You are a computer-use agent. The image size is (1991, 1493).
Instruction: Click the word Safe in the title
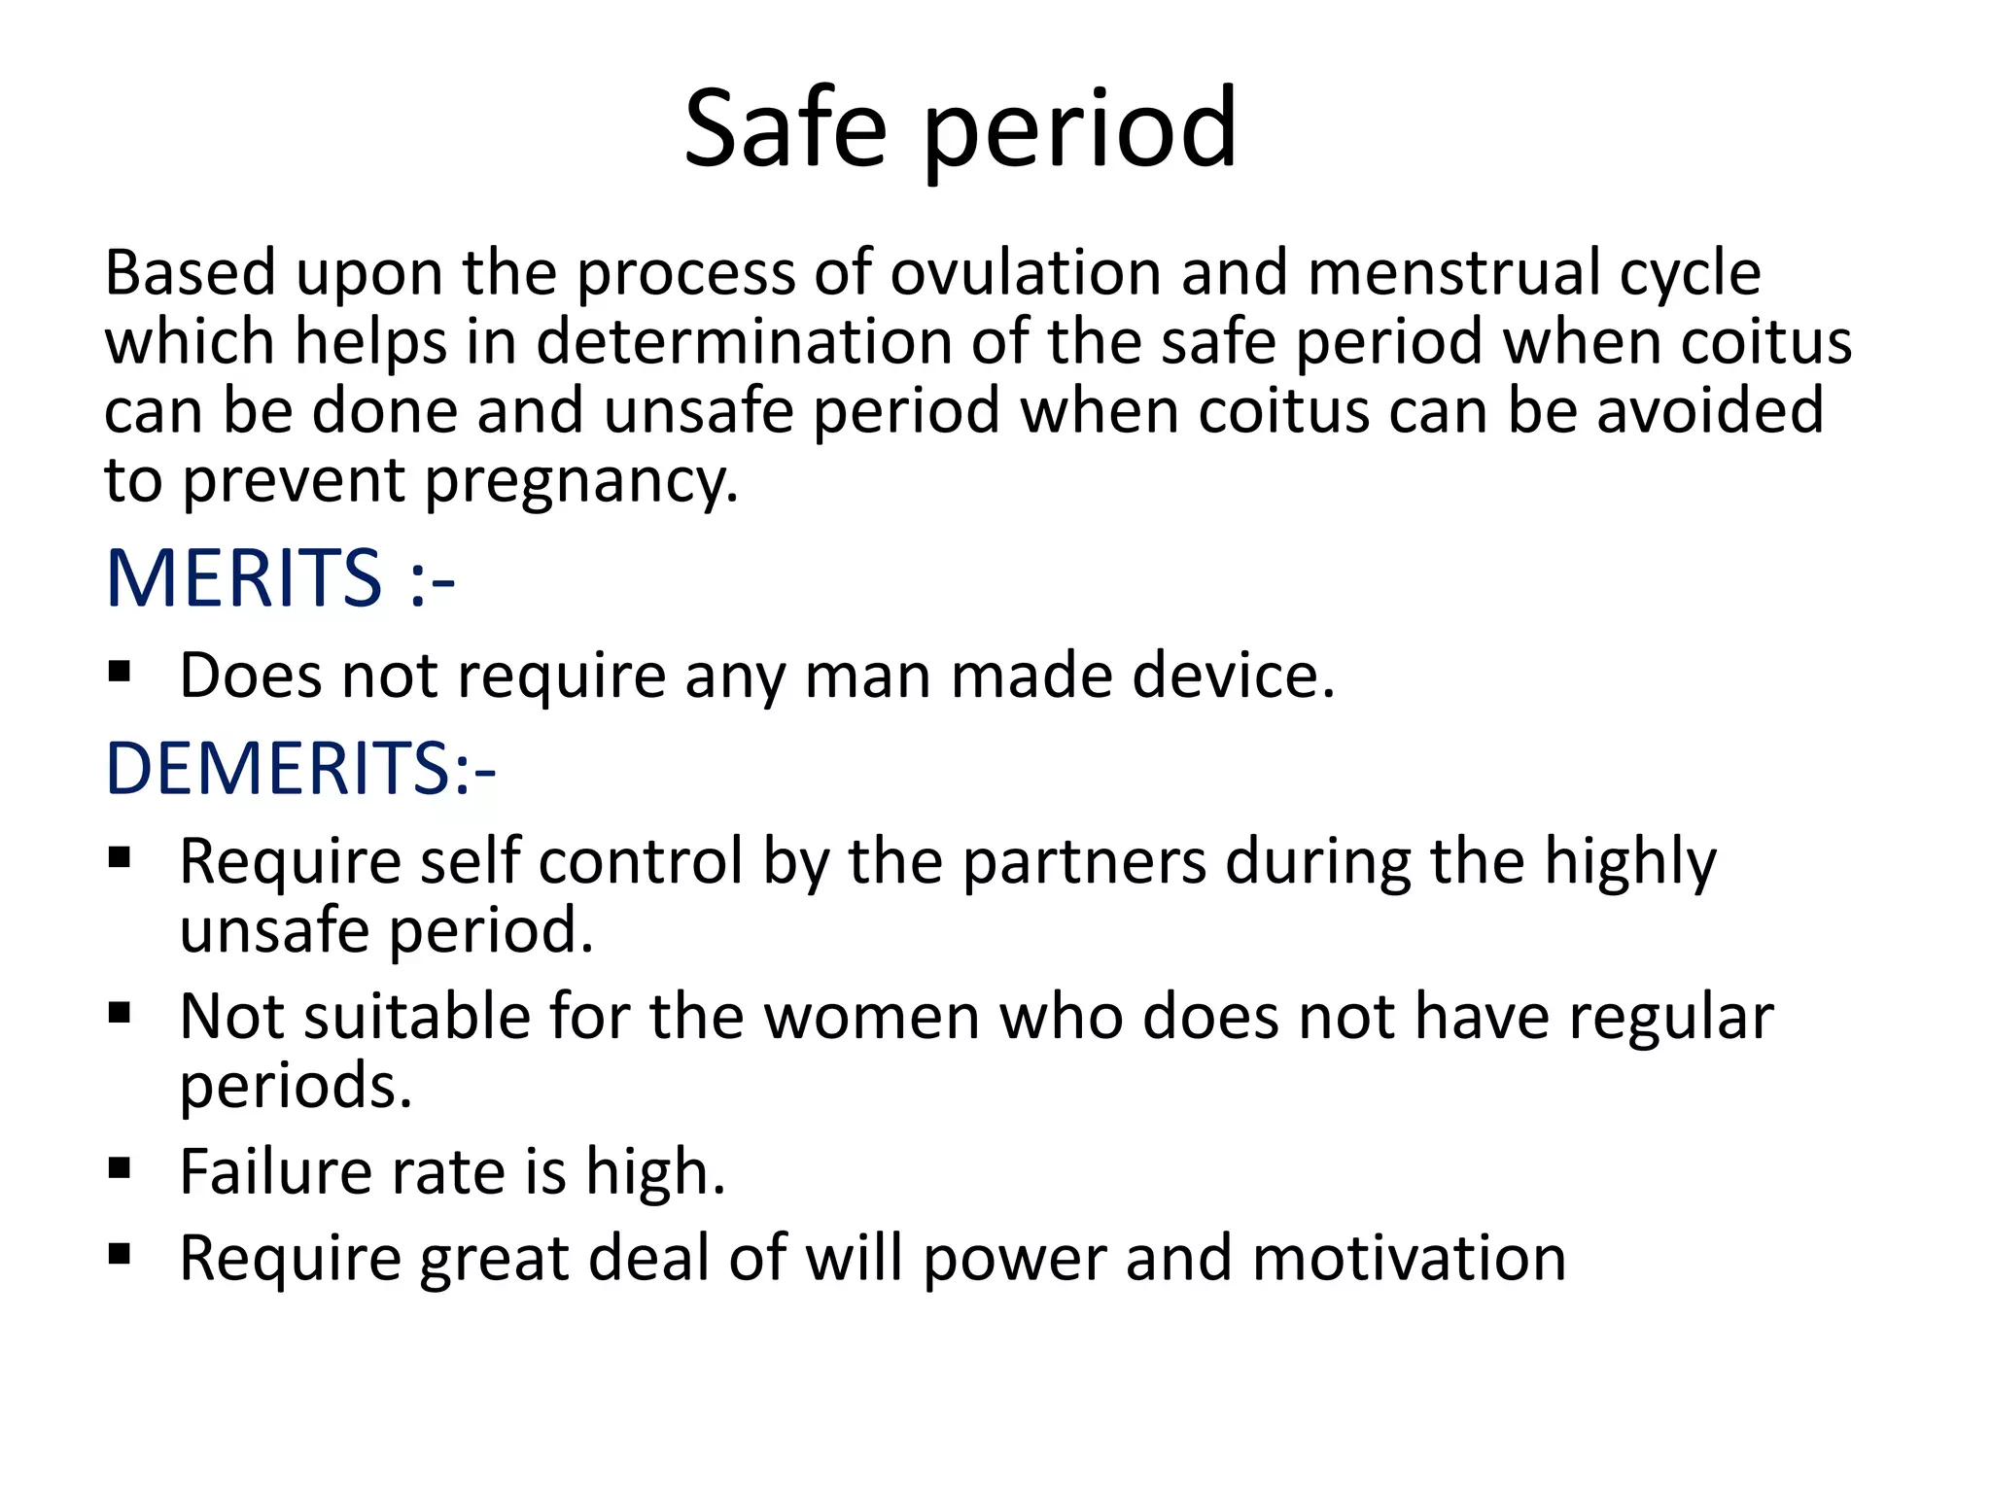tap(786, 128)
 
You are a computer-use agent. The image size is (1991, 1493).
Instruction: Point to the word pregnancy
tap(580, 481)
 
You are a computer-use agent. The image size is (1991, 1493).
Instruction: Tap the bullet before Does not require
tap(120, 672)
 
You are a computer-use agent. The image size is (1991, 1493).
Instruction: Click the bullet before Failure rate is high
tap(120, 1167)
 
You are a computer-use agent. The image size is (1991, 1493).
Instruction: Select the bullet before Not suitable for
tap(120, 1013)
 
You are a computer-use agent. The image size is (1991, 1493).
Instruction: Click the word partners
tap(1084, 862)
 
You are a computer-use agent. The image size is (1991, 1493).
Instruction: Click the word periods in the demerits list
tap(295, 1087)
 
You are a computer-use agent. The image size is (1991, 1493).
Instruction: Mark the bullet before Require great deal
tap(120, 1254)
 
